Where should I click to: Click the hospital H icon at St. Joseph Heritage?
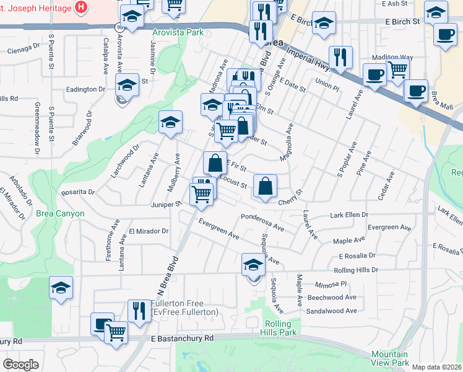pyautogui.click(x=80, y=7)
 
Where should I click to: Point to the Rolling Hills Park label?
pyautogui.click(x=281, y=329)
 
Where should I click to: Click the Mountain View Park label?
pyautogui.click(x=390, y=358)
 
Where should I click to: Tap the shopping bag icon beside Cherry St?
pyautogui.click(x=265, y=186)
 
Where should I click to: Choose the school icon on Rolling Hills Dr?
pyautogui.click(x=253, y=265)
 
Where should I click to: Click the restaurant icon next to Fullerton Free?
pyautogui.click(x=137, y=311)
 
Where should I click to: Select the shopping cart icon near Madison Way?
pyautogui.click(x=397, y=69)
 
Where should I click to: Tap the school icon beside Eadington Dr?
pyautogui.click(x=128, y=84)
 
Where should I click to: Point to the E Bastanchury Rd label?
pyautogui.click(x=182, y=339)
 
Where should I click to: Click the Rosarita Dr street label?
pyautogui.click(x=79, y=192)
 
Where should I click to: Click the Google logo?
pyautogui.click(x=20, y=365)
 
